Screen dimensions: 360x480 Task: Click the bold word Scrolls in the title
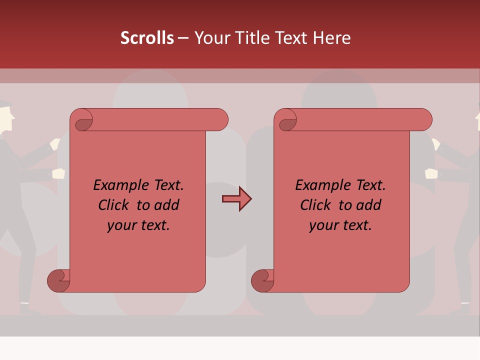(147, 38)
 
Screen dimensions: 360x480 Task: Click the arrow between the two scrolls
(236, 199)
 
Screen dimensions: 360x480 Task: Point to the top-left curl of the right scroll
(288, 123)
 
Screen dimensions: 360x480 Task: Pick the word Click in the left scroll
(115, 205)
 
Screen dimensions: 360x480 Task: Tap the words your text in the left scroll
(138, 225)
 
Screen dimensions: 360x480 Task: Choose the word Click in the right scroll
(317, 205)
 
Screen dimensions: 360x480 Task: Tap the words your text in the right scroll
(340, 225)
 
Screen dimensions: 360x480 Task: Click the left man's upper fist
(55, 144)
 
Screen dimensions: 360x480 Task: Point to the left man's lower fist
(59, 173)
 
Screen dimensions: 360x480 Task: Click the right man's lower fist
(431, 173)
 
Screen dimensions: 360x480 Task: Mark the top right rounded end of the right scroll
(423, 120)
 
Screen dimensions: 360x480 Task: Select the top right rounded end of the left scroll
(219, 120)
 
